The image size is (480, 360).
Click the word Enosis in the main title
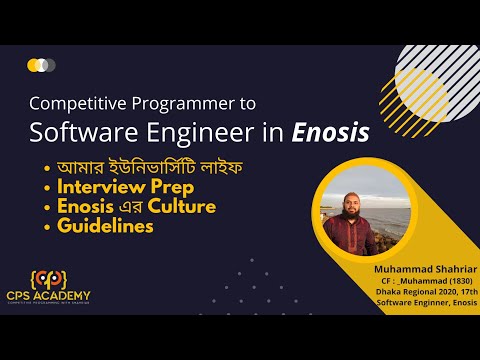click(328, 132)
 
